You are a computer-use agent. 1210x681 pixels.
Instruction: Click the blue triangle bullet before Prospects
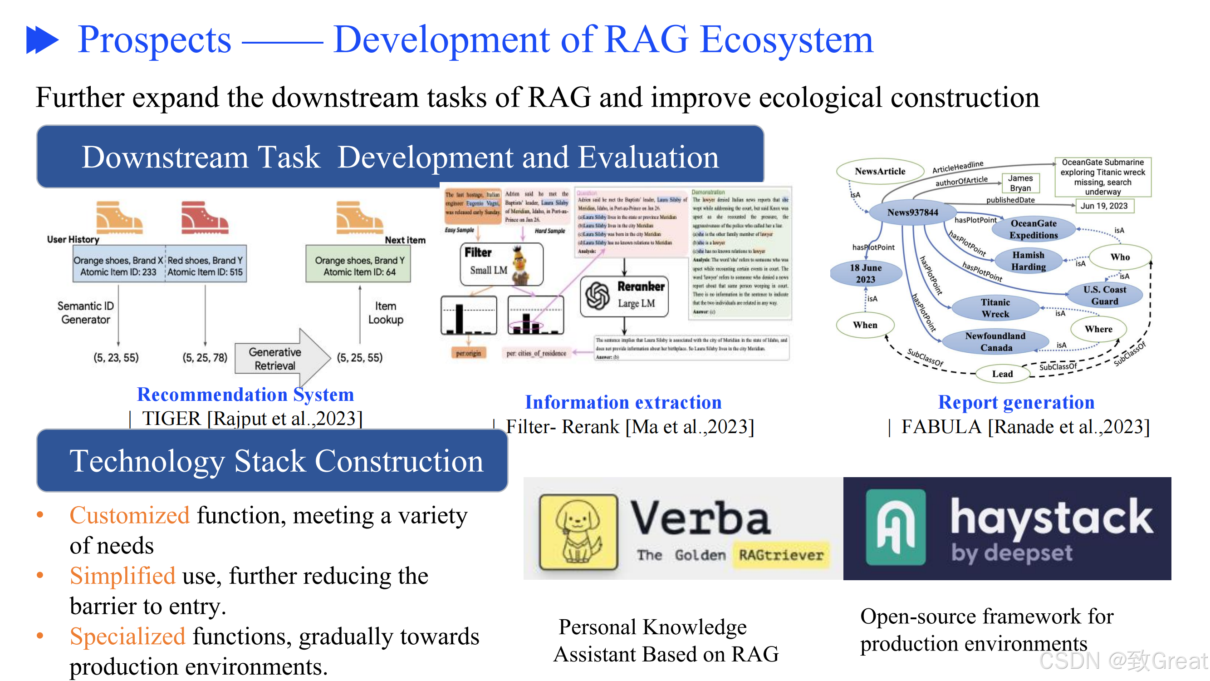(x=42, y=40)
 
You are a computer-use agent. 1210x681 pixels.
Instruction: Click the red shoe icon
(x=204, y=218)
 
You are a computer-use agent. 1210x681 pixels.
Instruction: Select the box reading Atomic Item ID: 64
(x=358, y=266)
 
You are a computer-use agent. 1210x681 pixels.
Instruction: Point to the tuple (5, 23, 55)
(x=116, y=358)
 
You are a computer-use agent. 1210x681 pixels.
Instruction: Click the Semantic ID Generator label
(x=85, y=313)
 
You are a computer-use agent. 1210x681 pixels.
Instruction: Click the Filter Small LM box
(x=501, y=265)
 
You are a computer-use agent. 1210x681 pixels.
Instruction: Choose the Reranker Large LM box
(x=624, y=296)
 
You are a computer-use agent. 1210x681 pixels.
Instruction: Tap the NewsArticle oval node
(x=879, y=172)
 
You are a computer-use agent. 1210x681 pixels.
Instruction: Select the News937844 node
(x=912, y=212)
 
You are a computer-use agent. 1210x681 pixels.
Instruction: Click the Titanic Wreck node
(x=995, y=308)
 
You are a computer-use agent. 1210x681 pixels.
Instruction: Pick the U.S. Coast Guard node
(x=1104, y=296)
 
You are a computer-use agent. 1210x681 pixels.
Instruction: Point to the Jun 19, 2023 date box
(x=1104, y=206)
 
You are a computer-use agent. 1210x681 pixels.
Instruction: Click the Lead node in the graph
(x=1002, y=374)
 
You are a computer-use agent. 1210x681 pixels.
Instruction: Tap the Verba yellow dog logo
(x=578, y=532)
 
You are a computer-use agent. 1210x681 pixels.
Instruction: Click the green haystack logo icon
(x=895, y=527)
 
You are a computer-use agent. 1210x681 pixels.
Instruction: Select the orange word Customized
(x=130, y=516)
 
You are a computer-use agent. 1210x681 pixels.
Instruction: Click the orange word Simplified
(x=122, y=576)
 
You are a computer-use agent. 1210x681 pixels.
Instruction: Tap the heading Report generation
(x=1016, y=402)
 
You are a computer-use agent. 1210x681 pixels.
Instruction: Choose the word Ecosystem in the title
(x=786, y=40)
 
